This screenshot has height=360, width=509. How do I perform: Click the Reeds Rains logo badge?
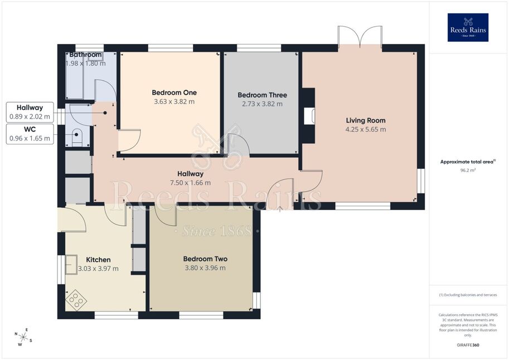point(468,27)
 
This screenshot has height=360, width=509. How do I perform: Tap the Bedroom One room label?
point(174,93)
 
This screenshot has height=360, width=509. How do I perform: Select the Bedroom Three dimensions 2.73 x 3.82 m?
point(262,104)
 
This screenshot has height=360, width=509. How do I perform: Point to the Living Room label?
point(366,120)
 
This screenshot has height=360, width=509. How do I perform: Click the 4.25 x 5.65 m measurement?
point(366,129)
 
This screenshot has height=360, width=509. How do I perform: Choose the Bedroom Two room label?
point(205,259)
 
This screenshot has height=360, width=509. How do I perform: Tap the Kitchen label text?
point(98,260)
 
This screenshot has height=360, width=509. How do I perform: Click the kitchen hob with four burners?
point(76,300)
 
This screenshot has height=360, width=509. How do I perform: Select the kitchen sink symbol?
point(71,265)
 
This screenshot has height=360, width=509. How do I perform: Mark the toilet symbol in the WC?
point(76,137)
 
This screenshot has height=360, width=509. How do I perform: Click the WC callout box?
point(30,134)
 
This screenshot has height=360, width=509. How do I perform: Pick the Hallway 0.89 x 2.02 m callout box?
point(30,112)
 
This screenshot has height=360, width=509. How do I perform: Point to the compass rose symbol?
point(23,337)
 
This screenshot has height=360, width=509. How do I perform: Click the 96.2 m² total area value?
point(468,170)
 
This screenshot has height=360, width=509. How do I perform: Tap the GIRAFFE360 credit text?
point(468,345)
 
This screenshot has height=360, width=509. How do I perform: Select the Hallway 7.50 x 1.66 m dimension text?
point(191,183)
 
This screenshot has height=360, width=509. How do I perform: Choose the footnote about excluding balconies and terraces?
point(468,295)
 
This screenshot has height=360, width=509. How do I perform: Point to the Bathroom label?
point(85,55)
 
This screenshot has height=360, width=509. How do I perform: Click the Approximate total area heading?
point(467,162)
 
